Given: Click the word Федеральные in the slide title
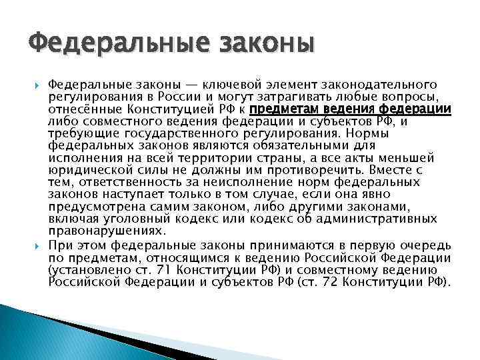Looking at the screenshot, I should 99,46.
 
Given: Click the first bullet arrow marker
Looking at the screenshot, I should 37,85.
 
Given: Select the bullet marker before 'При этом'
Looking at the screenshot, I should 37,243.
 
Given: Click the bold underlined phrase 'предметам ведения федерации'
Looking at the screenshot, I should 351,109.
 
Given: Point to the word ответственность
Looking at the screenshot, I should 127,181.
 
